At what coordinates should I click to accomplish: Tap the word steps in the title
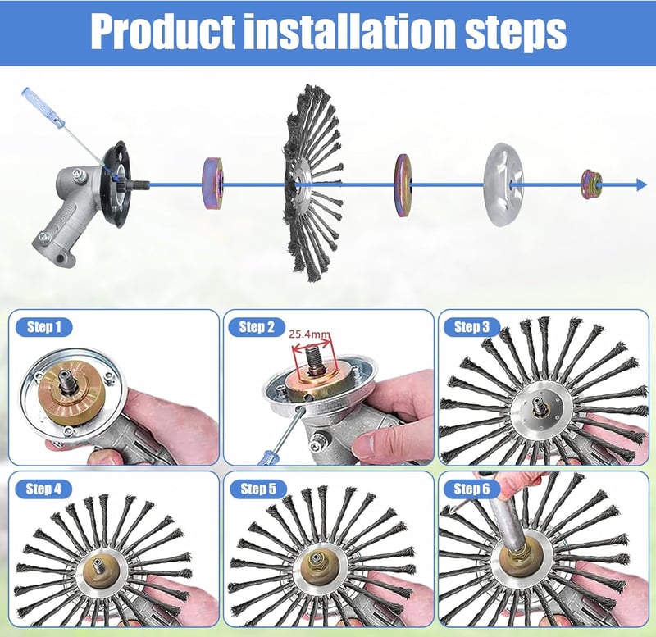(516, 33)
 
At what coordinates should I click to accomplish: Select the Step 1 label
(44, 327)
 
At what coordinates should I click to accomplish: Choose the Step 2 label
(257, 327)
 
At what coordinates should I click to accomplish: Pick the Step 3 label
(471, 327)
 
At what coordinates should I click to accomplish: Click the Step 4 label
(43, 489)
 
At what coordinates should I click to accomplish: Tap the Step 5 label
(258, 489)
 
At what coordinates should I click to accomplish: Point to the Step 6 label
(471, 489)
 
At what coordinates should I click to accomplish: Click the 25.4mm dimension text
(310, 334)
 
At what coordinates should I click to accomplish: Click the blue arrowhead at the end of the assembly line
(641, 184)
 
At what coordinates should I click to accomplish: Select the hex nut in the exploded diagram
(591, 184)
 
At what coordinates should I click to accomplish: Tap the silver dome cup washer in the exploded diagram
(503, 184)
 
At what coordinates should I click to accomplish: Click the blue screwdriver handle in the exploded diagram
(43, 107)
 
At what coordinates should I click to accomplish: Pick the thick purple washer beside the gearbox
(212, 183)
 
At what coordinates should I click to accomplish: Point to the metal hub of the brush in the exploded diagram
(302, 184)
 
